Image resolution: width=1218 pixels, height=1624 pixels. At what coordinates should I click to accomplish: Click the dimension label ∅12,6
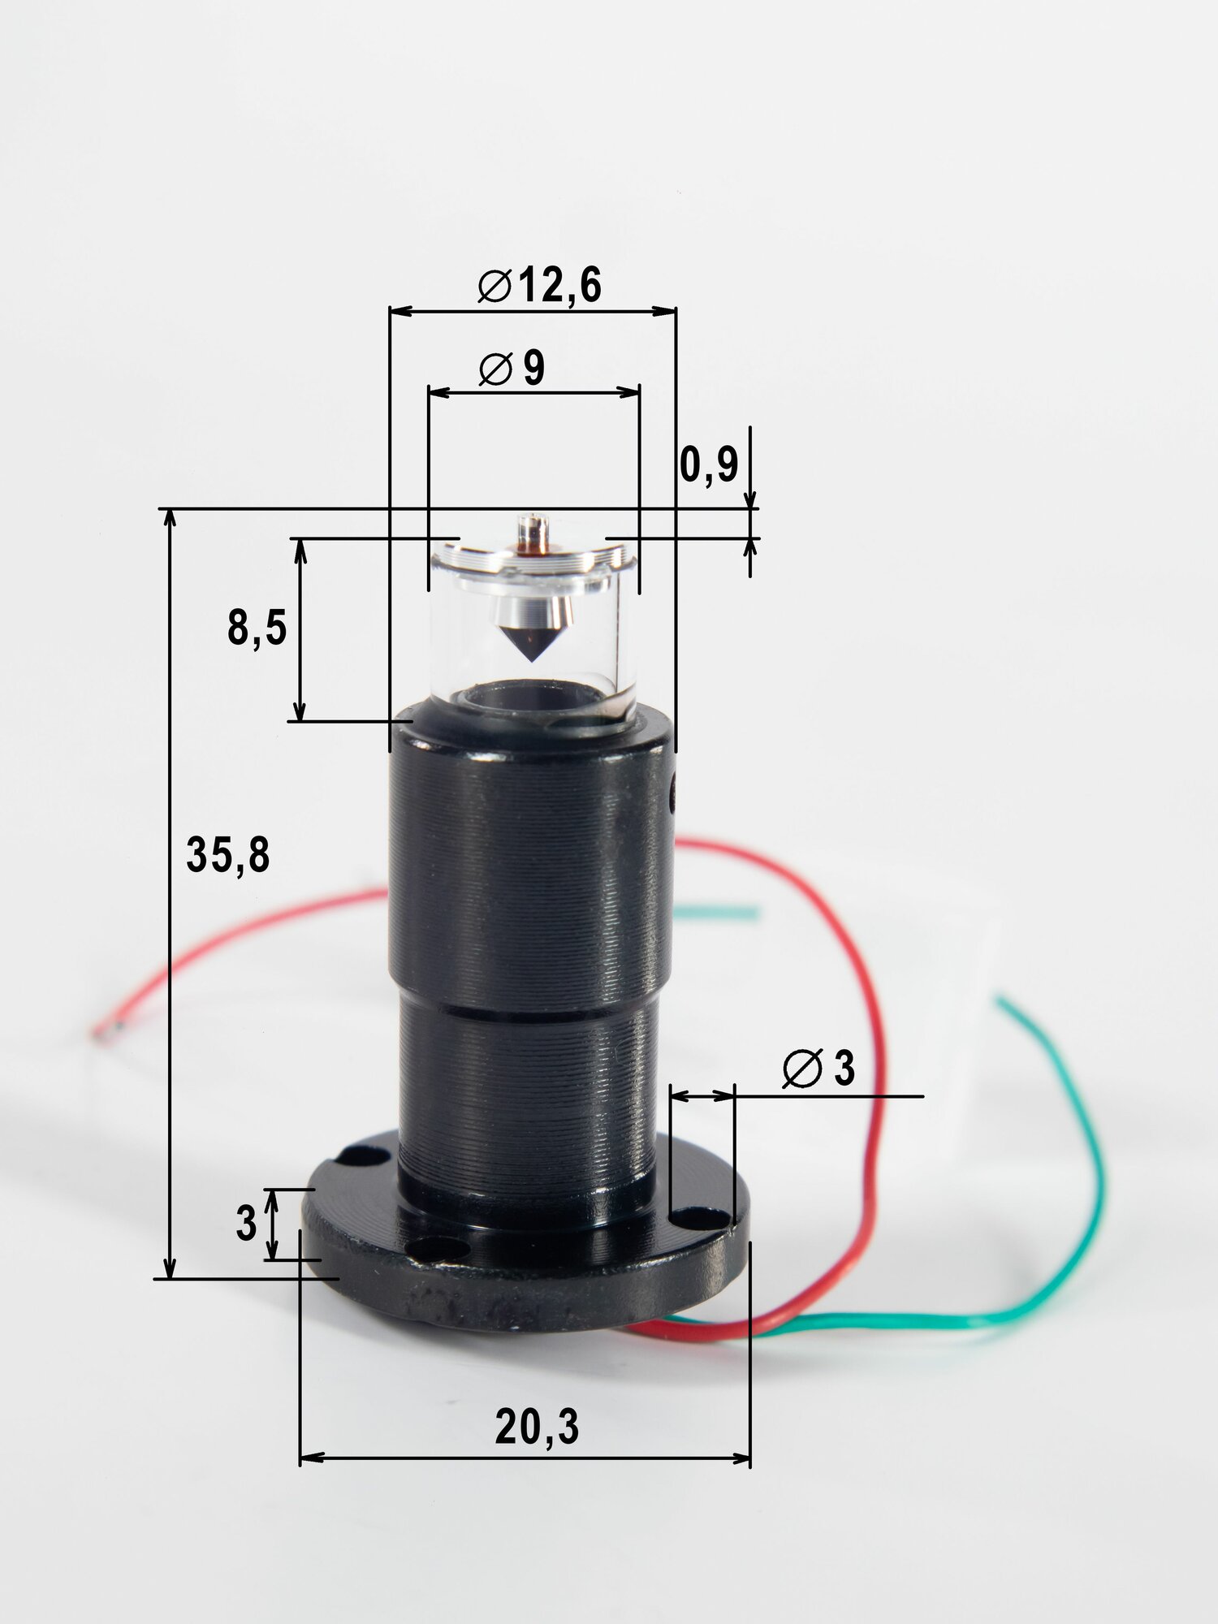pos(540,285)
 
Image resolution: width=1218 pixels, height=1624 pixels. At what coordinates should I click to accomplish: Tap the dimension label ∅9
pos(512,369)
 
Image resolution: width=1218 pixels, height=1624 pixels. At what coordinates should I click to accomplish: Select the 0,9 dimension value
pos(709,465)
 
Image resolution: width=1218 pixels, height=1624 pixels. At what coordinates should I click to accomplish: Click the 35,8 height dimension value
pos(228,855)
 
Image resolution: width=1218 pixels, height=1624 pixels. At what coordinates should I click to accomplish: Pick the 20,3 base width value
pos(537,1427)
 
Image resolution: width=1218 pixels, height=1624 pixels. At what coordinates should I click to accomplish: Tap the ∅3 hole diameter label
pos(818,1068)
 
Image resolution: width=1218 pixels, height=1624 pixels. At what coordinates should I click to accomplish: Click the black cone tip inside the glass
pos(532,641)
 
